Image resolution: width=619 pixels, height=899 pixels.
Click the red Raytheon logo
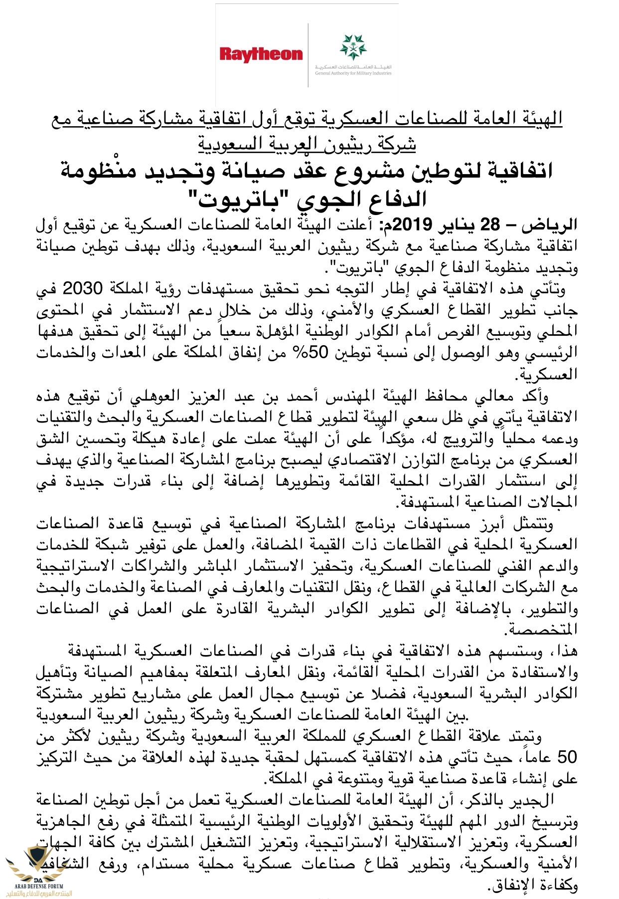click(x=261, y=54)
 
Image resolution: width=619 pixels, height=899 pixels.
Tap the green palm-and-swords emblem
click(x=353, y=47)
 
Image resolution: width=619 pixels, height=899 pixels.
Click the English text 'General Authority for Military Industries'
click(x=353, y=73)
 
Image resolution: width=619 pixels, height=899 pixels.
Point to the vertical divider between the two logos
click(x=308, y=55)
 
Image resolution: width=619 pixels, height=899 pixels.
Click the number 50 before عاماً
click(x=567, y=757)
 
